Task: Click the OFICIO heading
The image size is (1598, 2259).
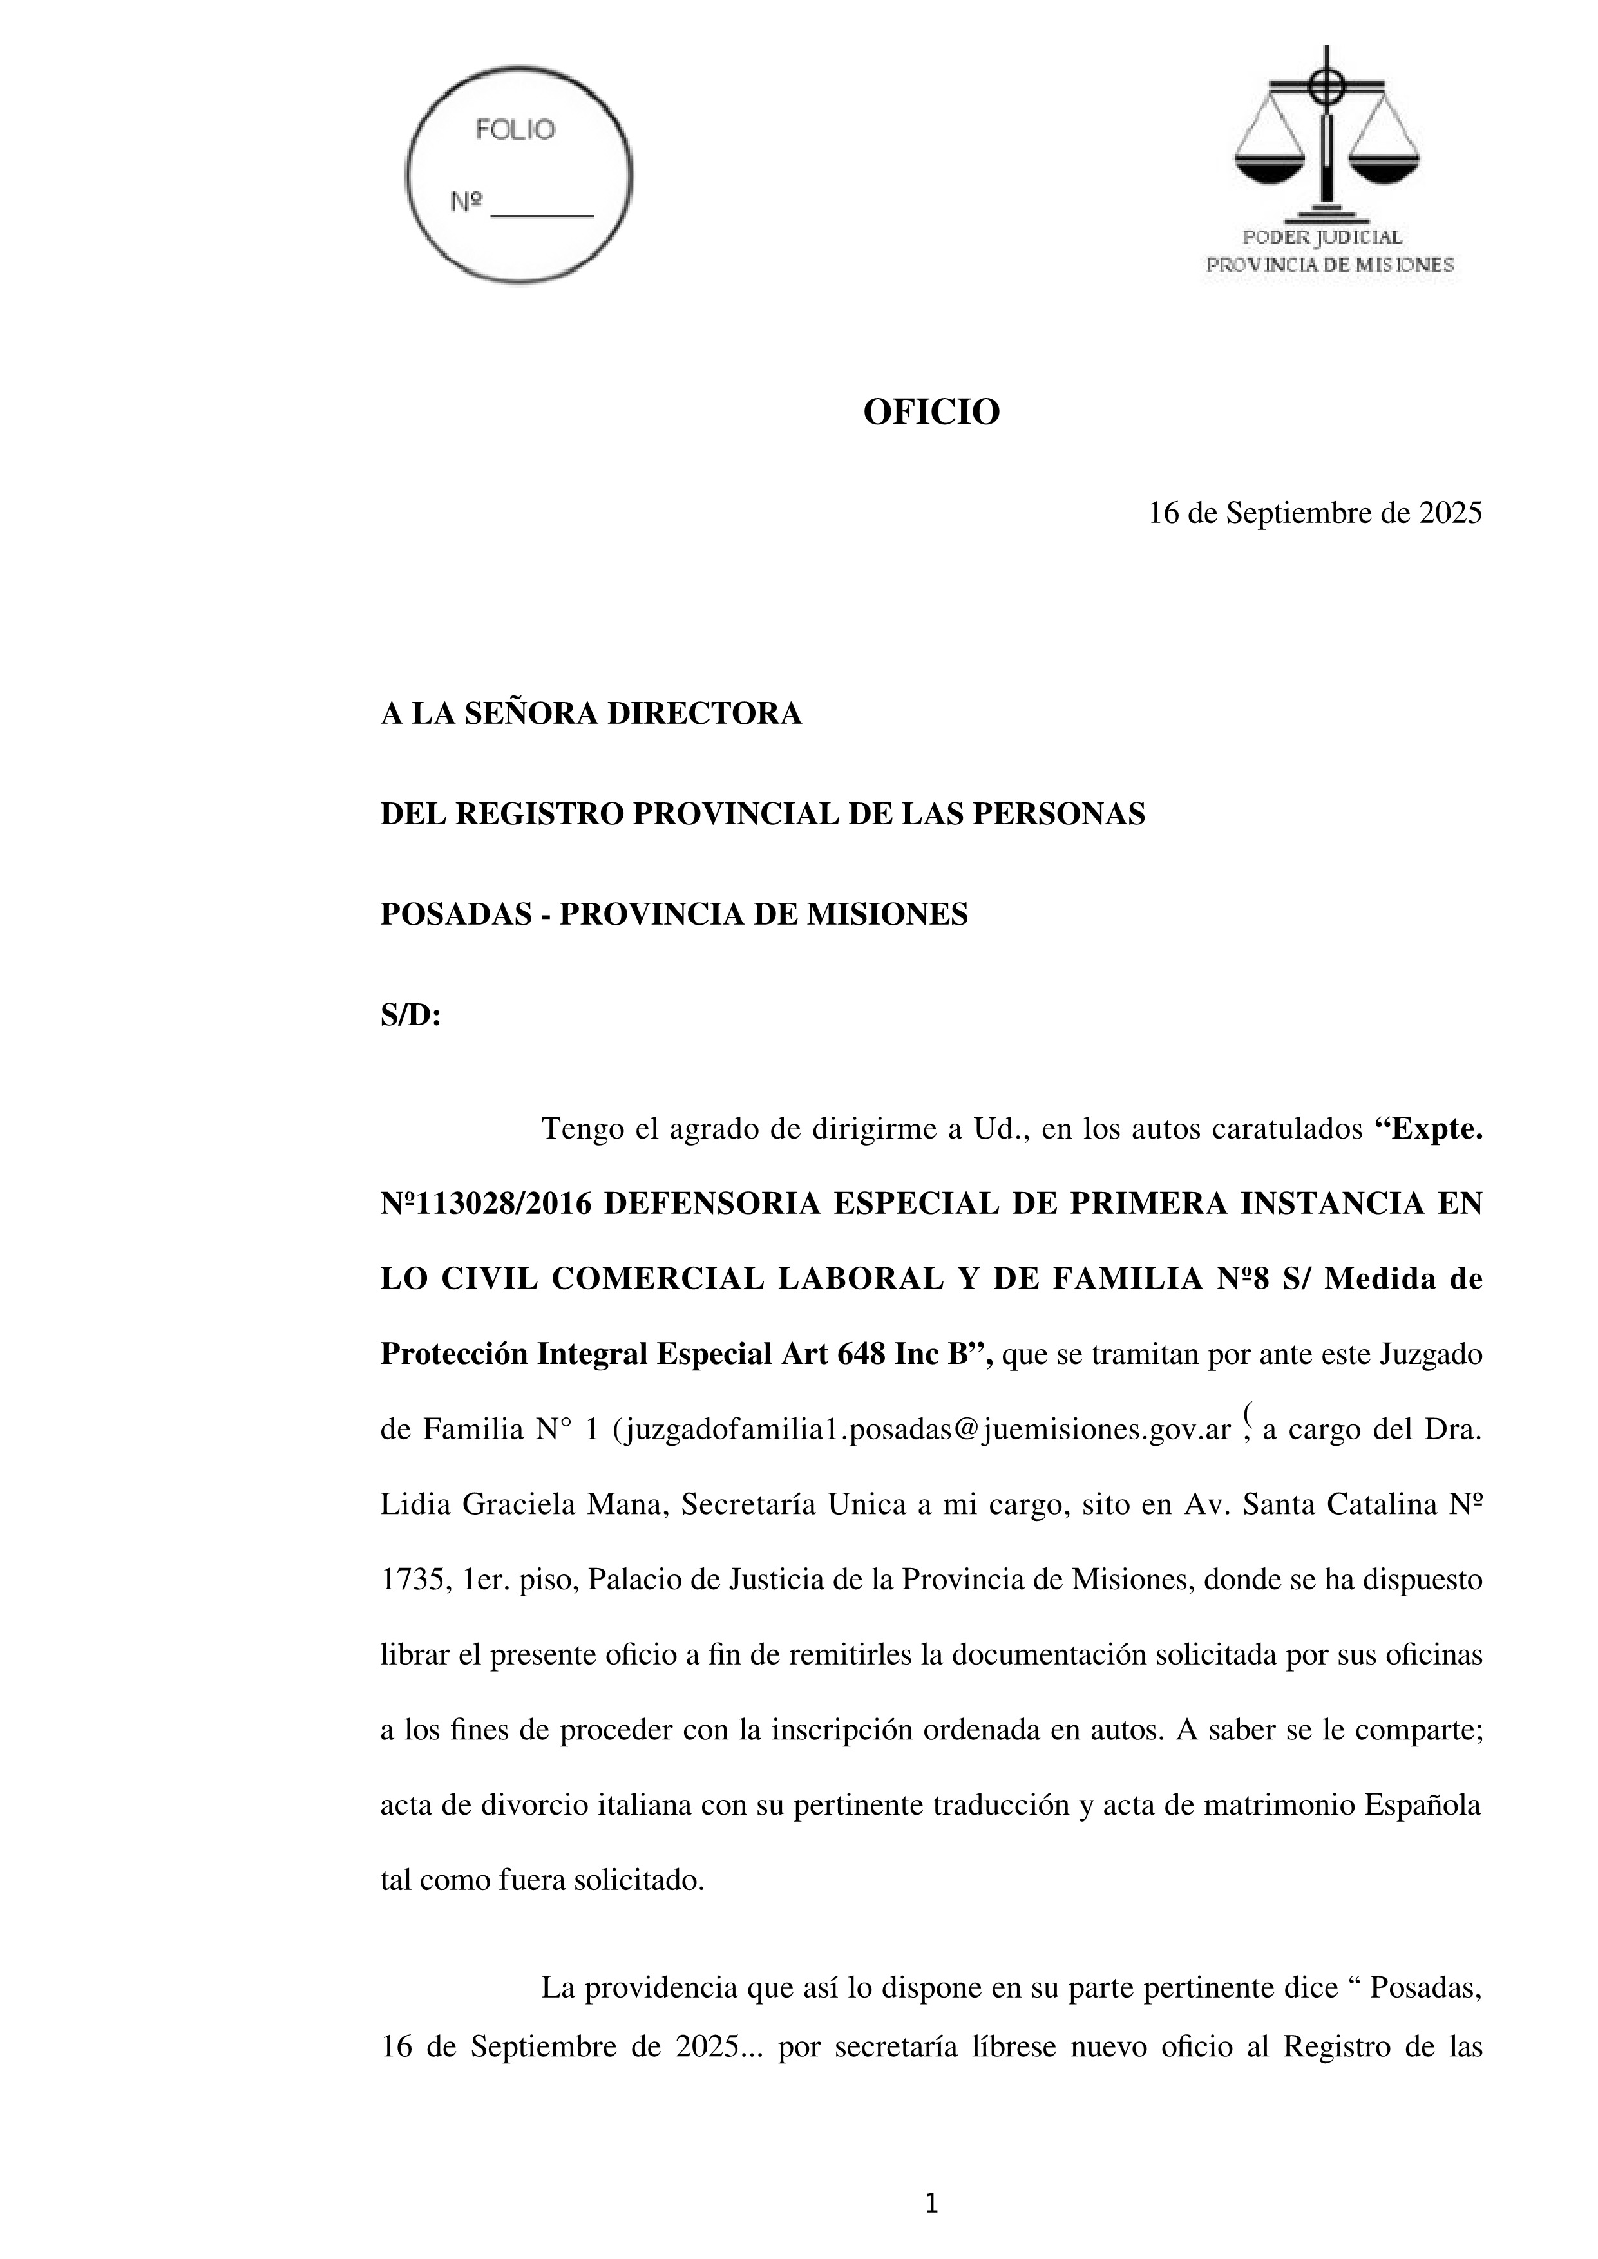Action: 931,412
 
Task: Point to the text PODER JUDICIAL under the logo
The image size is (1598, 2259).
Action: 1322,237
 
